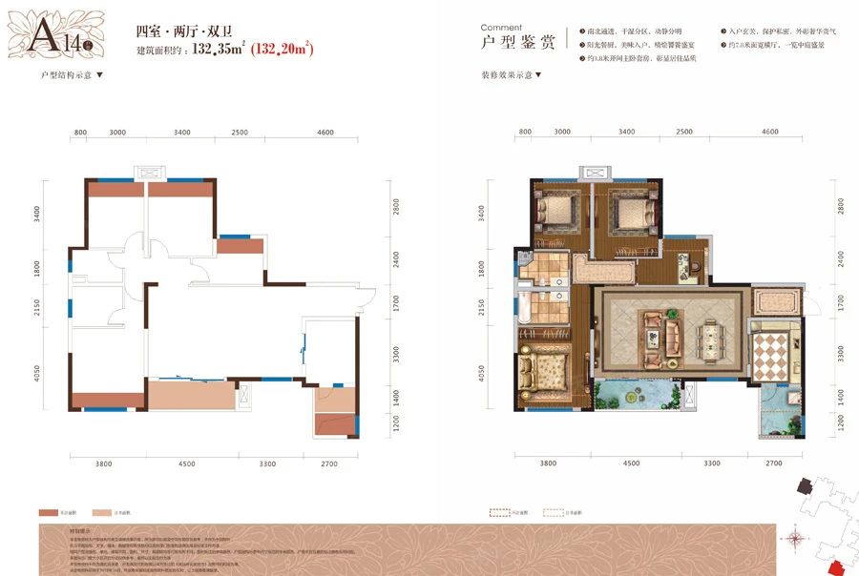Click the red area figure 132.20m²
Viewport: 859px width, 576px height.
coord(283,48)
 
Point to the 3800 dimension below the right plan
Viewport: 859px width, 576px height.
coord(548,463)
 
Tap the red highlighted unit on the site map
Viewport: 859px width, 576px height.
coord(835,568)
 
